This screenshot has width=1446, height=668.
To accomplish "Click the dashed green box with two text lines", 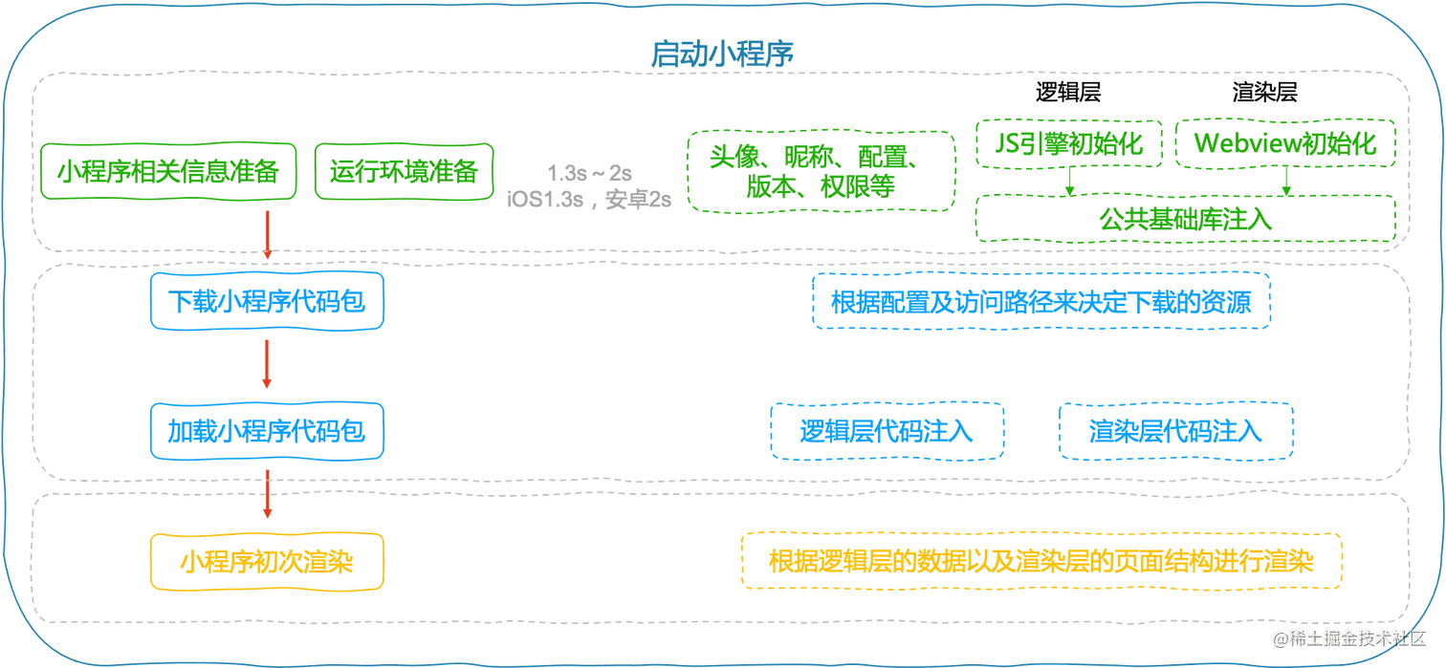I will click(822, 169).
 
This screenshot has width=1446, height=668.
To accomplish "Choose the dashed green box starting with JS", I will click(1067, 144).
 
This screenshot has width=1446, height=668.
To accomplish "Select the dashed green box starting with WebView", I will click(1284, 144).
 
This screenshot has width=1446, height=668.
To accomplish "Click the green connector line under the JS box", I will click(1068, 183).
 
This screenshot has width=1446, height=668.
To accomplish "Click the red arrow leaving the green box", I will click(268, 235).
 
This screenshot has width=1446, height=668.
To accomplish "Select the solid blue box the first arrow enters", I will click(268, 301).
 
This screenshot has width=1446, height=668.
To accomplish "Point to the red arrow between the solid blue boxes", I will click(268, 366).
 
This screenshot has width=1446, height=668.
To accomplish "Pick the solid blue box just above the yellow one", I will click(268, 431).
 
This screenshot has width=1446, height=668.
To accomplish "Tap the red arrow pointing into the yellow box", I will click(268, 497).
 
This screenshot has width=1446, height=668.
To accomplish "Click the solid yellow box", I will click(268, 561).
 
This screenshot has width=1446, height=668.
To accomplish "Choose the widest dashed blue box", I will click(1041, 301).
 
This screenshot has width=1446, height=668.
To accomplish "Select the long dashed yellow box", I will click(1042, 561).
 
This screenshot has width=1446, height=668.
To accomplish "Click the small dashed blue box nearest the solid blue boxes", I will click(887, 432).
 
